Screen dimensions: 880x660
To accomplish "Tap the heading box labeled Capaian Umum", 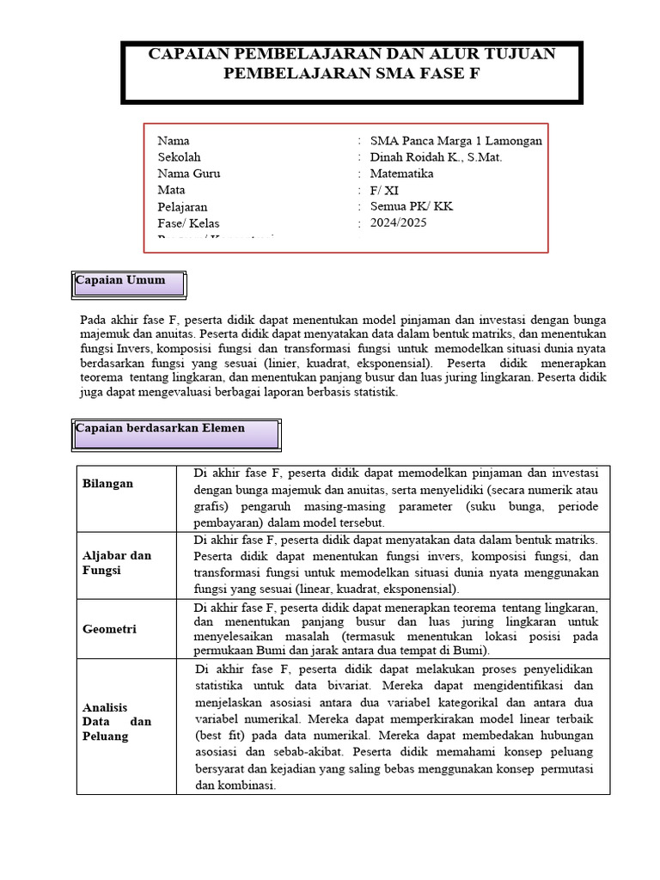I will point(129,282).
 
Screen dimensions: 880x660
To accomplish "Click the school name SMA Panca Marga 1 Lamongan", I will point(455,141).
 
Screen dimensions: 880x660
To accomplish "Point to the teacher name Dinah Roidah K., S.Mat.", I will point(436,157).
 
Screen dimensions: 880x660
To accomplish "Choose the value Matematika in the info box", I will point(401,174).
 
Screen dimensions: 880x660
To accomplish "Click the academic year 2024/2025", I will point(398,223).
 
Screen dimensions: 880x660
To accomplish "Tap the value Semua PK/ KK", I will point(411,207).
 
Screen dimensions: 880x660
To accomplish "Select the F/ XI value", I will point(384,191).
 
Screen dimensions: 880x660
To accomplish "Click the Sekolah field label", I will point(179,157).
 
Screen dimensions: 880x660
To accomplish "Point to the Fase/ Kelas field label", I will point(188,223).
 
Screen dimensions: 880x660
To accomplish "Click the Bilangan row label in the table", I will point(107,484).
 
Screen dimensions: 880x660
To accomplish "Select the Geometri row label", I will point(109,629).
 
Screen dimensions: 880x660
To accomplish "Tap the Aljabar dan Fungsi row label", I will point(116,563).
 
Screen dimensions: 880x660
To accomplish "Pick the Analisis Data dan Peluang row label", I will point(116,722).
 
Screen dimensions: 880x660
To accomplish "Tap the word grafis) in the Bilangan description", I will point(212,507).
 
